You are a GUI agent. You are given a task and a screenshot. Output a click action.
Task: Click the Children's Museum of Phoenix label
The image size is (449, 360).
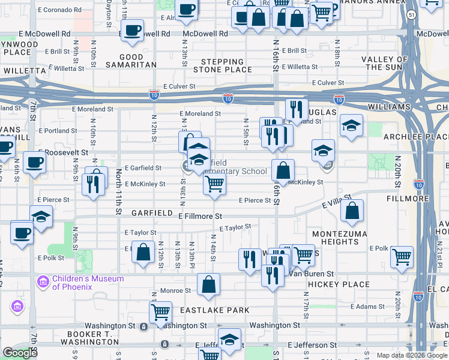click(88, 282)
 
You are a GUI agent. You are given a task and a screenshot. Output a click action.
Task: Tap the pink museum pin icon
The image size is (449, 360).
click(43, 281)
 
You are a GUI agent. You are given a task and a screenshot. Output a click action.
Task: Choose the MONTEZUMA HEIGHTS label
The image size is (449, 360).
click(335, 237)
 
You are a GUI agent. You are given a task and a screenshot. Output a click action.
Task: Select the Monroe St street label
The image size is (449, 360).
click(176, 290)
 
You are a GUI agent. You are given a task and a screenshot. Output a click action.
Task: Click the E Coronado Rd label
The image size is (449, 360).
click(59, 10)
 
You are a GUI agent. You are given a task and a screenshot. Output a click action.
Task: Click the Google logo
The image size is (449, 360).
click(20, 353)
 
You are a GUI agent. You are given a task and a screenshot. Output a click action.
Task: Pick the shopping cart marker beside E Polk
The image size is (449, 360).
click(402, 256)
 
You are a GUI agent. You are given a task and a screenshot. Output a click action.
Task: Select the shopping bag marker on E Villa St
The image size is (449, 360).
click(352, 210)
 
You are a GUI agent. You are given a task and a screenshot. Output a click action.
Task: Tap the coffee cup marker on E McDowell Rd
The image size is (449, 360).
click(132, 29)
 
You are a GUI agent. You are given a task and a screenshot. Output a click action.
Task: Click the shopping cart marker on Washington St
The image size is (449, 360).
click(160, 312)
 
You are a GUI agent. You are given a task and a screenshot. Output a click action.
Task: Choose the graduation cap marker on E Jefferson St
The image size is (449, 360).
click(229, 339)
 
